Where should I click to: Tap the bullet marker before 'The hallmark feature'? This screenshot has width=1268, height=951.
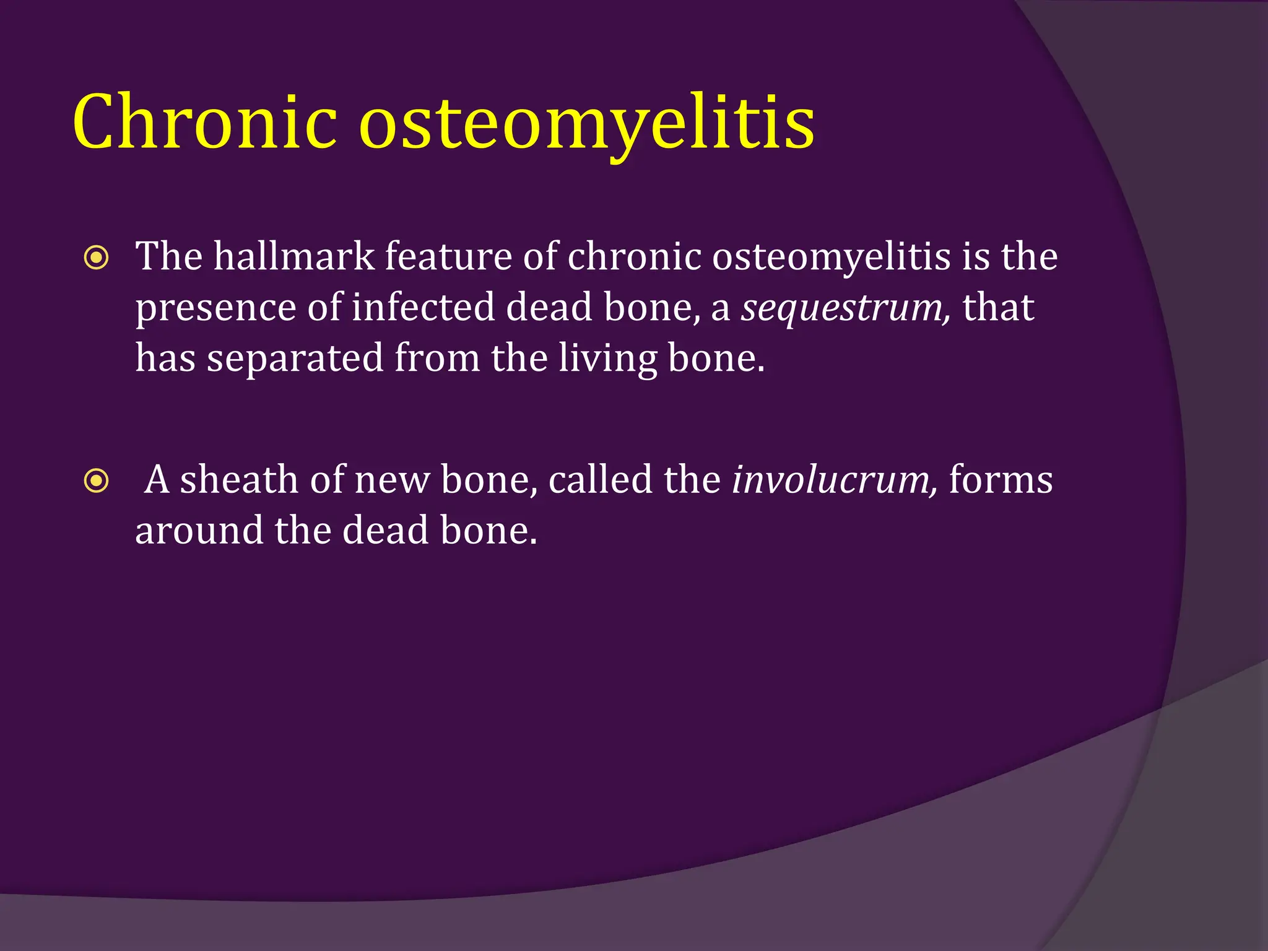97,258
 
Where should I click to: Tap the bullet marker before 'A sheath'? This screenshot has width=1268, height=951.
97,481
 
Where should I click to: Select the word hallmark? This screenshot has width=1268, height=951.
293,256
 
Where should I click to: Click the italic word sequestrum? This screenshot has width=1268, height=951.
845,308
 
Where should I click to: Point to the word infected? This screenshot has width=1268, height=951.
423,307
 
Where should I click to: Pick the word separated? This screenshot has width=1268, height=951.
295,358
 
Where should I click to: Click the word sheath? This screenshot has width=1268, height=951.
239,480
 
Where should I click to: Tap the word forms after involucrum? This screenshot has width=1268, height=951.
1000,480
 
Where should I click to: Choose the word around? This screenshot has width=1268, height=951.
199,531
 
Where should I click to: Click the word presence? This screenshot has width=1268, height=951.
216,308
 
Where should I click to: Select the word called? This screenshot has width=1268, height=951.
600,480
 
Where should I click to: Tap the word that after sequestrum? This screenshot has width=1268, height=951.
998,307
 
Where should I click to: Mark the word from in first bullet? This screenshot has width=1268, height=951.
437,358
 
